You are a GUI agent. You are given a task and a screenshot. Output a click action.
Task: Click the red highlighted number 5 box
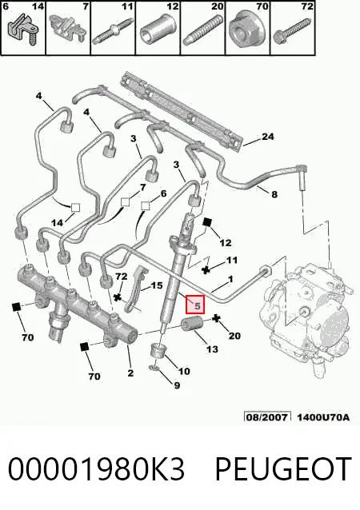[195, 305]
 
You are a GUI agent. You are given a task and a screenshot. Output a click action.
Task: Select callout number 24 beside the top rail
[267, 137]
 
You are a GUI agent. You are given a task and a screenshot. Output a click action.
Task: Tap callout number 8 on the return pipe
[274, 194]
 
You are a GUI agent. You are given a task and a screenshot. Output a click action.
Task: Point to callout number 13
[212, 349]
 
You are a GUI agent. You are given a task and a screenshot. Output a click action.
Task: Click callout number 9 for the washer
[177, 385]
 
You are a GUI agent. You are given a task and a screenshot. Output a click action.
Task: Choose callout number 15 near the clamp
[157, 285]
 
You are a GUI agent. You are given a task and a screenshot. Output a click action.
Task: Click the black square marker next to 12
[207, 222]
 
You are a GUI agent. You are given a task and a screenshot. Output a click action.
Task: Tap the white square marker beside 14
[75, 208]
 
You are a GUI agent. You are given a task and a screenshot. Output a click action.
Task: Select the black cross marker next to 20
[215, 319]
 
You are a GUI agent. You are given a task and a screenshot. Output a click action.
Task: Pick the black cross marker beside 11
[206, 269]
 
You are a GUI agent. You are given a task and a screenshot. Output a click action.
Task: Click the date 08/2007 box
[267, 416]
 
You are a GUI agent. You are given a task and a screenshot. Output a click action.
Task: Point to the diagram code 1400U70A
[323, 416]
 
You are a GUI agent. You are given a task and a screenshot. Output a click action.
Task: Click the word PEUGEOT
[283, 468]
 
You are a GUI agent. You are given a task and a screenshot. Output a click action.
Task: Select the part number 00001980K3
[96, 468]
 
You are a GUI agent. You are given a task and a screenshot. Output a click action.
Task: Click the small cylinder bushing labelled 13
[192, 325]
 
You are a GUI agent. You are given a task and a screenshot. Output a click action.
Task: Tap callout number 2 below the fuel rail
[130, 373]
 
